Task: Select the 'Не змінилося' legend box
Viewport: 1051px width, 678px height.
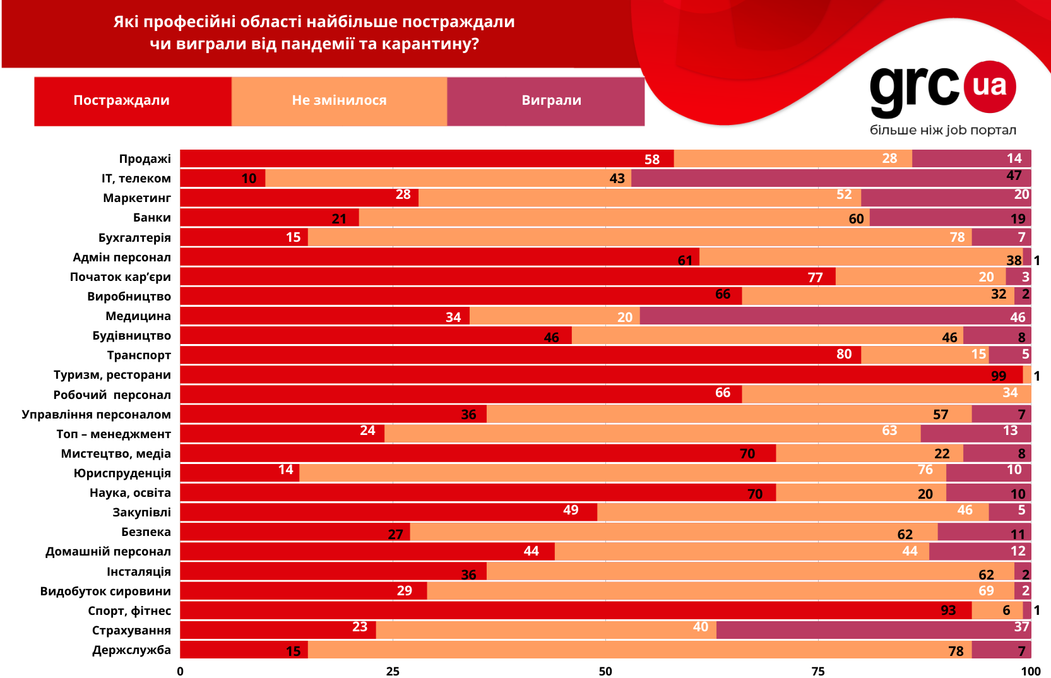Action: pos(339,101)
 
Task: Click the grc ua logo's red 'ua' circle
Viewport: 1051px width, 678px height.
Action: pos(989,86)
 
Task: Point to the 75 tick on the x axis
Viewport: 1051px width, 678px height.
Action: pos(818,671)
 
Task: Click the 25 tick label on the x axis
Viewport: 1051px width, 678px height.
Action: pos(393,671)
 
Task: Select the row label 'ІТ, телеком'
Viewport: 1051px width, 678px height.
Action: pos(136,179)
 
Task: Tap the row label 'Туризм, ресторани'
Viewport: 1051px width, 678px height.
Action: pos(112,375)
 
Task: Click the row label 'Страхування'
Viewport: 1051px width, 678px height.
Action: pos(131,630)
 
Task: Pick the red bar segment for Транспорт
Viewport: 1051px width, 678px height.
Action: pos(520,355)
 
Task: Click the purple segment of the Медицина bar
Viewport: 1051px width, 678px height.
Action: pos(834,316)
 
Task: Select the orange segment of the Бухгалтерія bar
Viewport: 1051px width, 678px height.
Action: pos(639,237)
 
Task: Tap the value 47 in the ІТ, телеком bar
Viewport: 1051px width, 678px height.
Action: pos(1014,176)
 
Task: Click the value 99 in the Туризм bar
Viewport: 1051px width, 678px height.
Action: pos(999,376)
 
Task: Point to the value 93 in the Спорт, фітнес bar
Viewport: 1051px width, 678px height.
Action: pos(948,610)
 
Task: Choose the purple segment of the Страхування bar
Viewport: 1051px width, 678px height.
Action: pos(873,630)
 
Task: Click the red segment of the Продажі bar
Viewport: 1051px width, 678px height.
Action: pos(427,159)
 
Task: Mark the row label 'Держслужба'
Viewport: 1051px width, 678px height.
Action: pos(131,650)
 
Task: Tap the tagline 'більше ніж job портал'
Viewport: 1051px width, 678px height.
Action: pos(943,130)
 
